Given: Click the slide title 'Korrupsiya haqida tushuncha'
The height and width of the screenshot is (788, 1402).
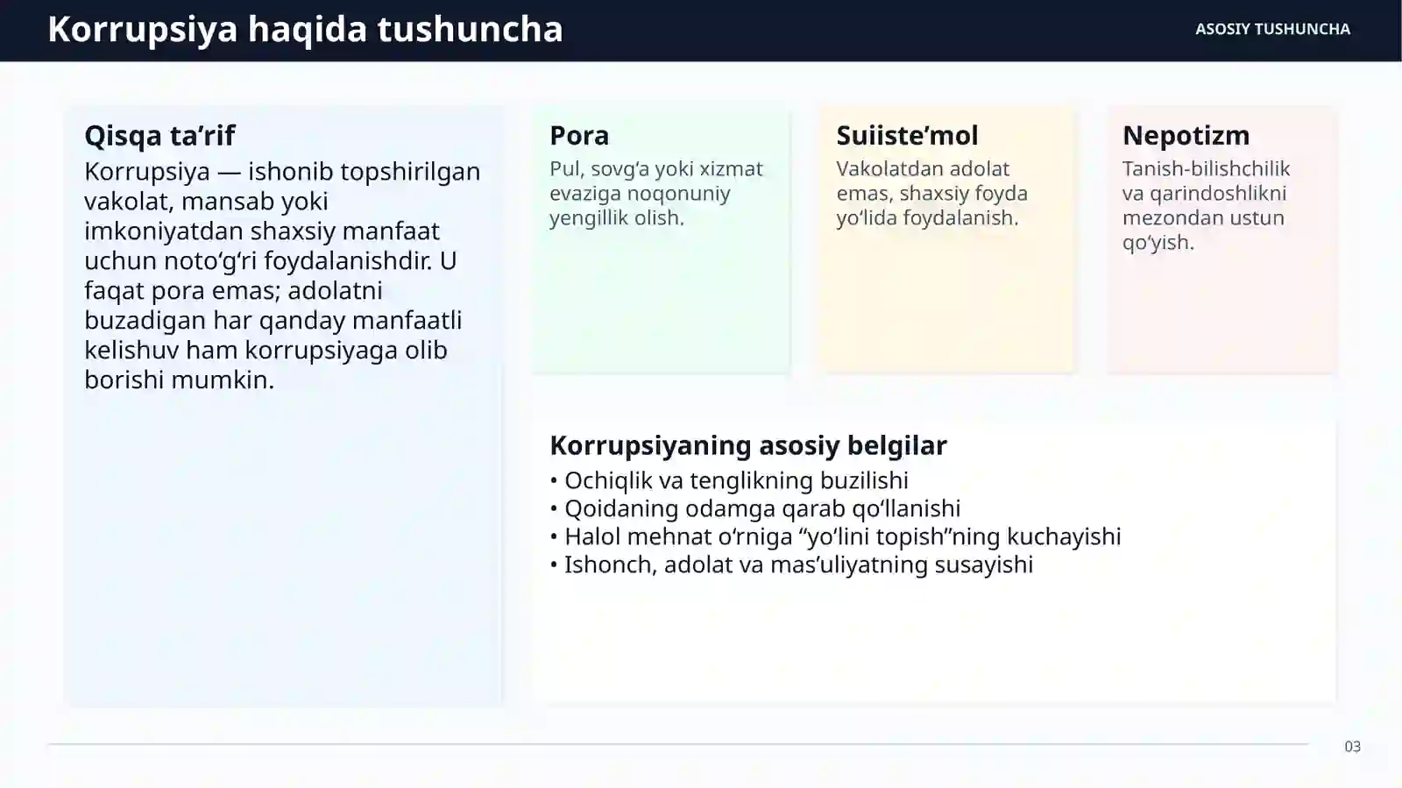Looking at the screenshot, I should click(x=305, y=29).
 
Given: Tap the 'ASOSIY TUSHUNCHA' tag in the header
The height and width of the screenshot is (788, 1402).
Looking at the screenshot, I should click(x=1272, y=29).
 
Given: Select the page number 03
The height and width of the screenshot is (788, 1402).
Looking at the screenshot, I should click(x=1352, y=747).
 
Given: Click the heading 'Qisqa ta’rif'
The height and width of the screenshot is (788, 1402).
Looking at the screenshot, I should click(x=159, y=135).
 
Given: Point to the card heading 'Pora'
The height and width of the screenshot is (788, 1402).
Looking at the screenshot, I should click(x=579, y=135).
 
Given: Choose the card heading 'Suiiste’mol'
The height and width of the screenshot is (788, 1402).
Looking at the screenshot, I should click(x=907, y=135).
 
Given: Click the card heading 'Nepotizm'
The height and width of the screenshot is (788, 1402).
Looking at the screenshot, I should click(x=1186, y=135).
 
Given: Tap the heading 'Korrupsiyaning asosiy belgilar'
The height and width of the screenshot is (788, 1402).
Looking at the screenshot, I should click(x=747, y=445).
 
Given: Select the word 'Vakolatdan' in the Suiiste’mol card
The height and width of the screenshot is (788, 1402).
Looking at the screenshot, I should click(x=879, y=168).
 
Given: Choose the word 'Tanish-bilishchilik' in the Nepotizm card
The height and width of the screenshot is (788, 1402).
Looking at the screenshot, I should click(x=1206, y=168).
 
